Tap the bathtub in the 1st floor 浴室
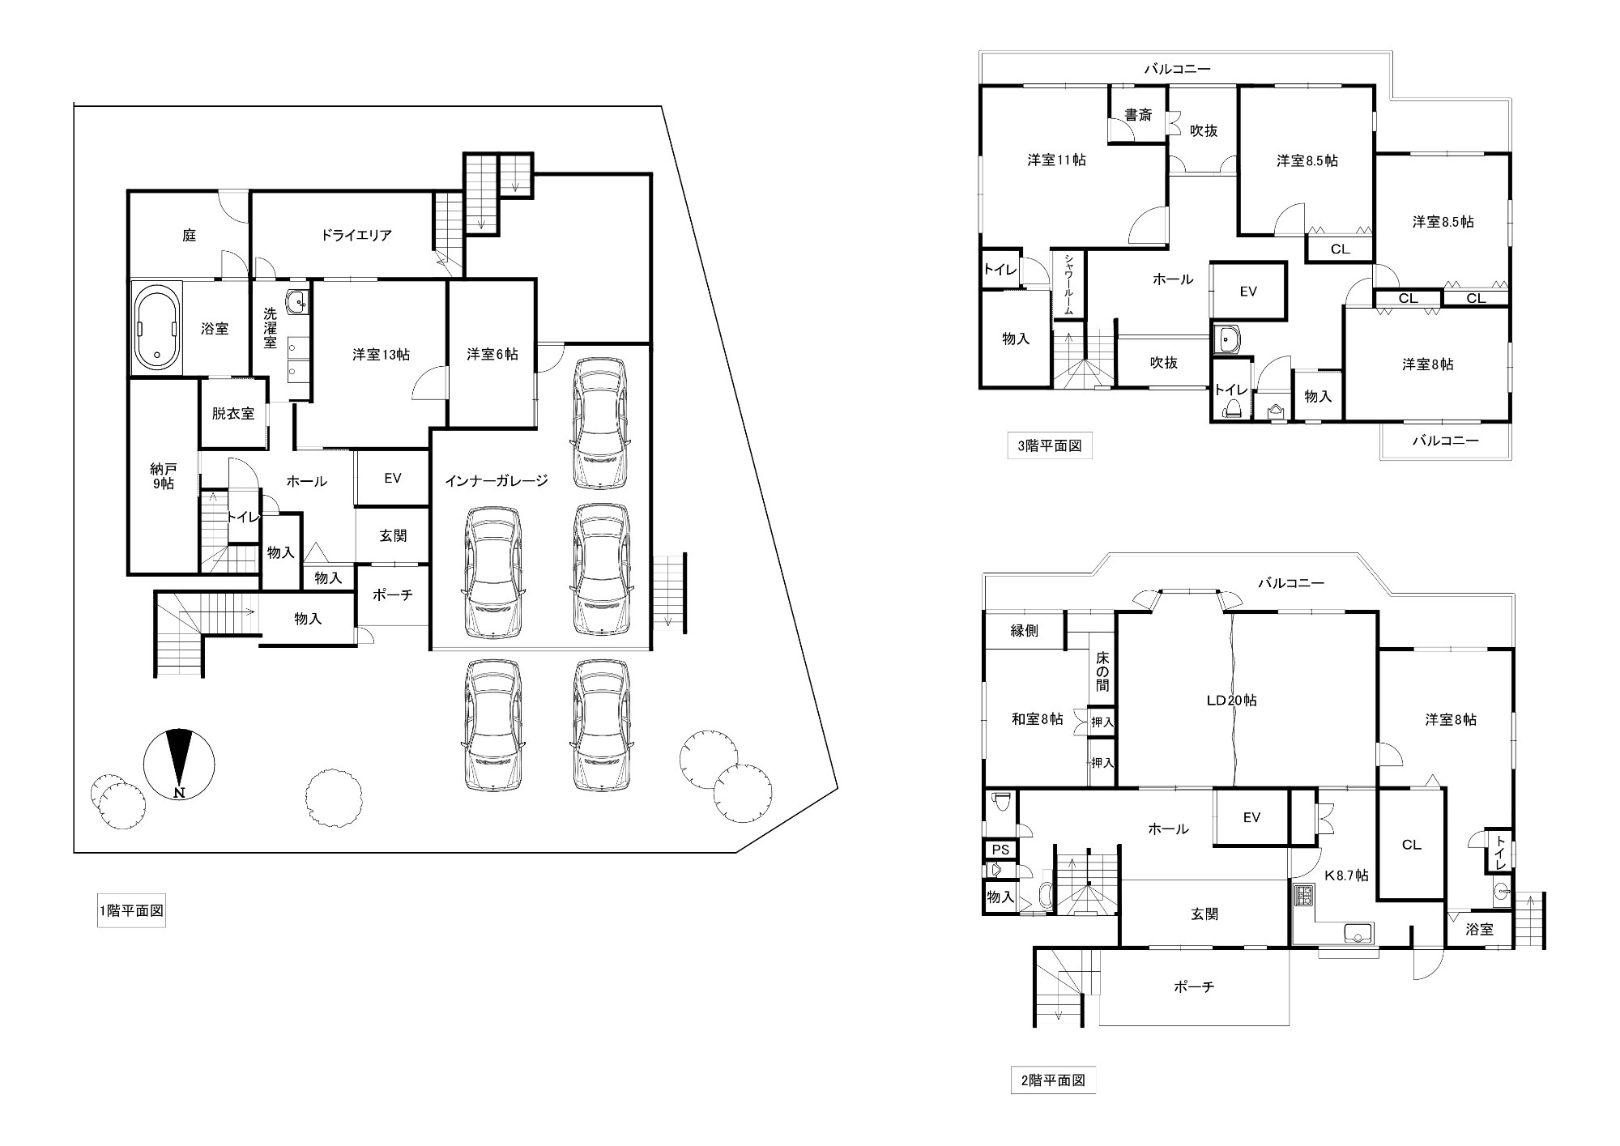tap(157, 327)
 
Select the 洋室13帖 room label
tap(381, 355)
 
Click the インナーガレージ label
tap(497, 481)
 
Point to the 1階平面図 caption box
tap(131, 910)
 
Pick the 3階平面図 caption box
tap(1050, 445)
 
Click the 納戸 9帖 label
tap(163, 476)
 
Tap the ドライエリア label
tap(356, 236)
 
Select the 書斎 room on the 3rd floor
tap(1138, 115)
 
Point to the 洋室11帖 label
tap(1057, 160)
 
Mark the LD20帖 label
tap(1231, 701)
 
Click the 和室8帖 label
tap(1037, 718)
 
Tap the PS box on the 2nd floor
tap(1001, 850)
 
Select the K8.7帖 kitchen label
tap(1346, 875)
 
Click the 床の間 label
tap(1102, 671)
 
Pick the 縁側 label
tap(1025, 631)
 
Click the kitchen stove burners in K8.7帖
tap(1303, 897)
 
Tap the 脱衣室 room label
tap(233, 414)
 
